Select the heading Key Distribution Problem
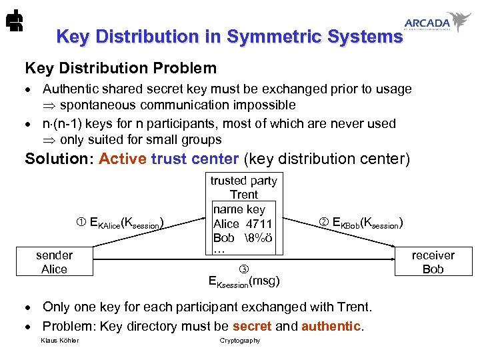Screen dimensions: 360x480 click(121, 68)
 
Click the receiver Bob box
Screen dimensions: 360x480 click(433, 262)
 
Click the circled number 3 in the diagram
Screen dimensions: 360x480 click(243, 268)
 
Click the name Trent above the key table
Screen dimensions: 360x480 click(243, 195)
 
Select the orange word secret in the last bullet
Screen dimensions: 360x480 click(252, 326)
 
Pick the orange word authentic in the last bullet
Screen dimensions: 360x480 click(331, 326)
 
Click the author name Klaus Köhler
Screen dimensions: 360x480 click(59, 341)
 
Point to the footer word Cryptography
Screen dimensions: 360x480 click(240, 341)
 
